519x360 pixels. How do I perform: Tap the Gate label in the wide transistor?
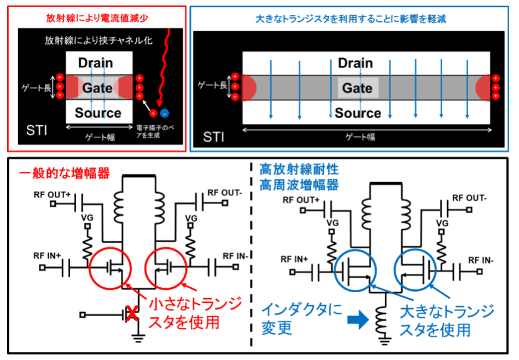(357, 89)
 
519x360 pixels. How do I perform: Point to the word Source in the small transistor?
(98, 113)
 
